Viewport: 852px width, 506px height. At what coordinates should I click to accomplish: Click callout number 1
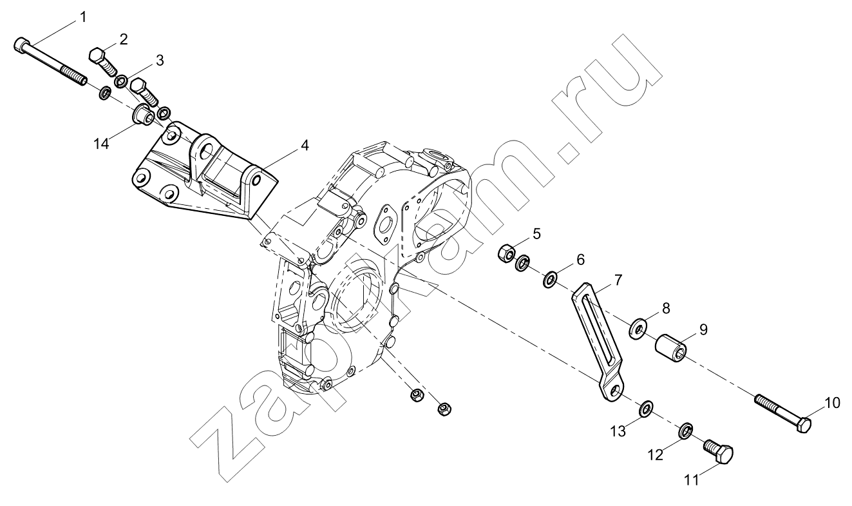click(x=82, y=17)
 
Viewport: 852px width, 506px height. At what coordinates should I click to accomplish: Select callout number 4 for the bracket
click(x=304, y=145)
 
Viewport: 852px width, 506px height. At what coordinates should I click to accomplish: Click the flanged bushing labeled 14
click(x=143, y=113)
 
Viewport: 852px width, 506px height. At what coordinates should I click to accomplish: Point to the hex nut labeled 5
click(x=507, y=253)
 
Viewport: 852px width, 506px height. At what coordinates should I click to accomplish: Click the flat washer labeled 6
click(x=549, y=279)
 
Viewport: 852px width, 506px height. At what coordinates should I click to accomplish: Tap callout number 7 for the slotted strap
click(x=618, y=280)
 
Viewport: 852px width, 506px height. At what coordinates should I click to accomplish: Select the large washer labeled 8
click(x=639, y=327)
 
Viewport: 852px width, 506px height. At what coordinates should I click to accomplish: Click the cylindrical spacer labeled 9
click(x=670, y=347)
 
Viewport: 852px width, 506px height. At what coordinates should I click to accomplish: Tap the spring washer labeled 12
click(x=685, y=430)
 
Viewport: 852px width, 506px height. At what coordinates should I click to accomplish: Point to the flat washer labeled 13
click(x=645, y=409)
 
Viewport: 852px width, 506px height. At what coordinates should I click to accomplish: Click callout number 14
click(x=102, y=144)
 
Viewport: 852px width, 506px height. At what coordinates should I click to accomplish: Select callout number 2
click(x=124, y=39)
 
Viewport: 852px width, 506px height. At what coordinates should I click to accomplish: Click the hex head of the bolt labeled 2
click(x=97, y=56)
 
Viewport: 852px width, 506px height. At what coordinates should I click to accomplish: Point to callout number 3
click(x=160, y=60)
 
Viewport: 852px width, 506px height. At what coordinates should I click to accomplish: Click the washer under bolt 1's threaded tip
click(x=104, y=93)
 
